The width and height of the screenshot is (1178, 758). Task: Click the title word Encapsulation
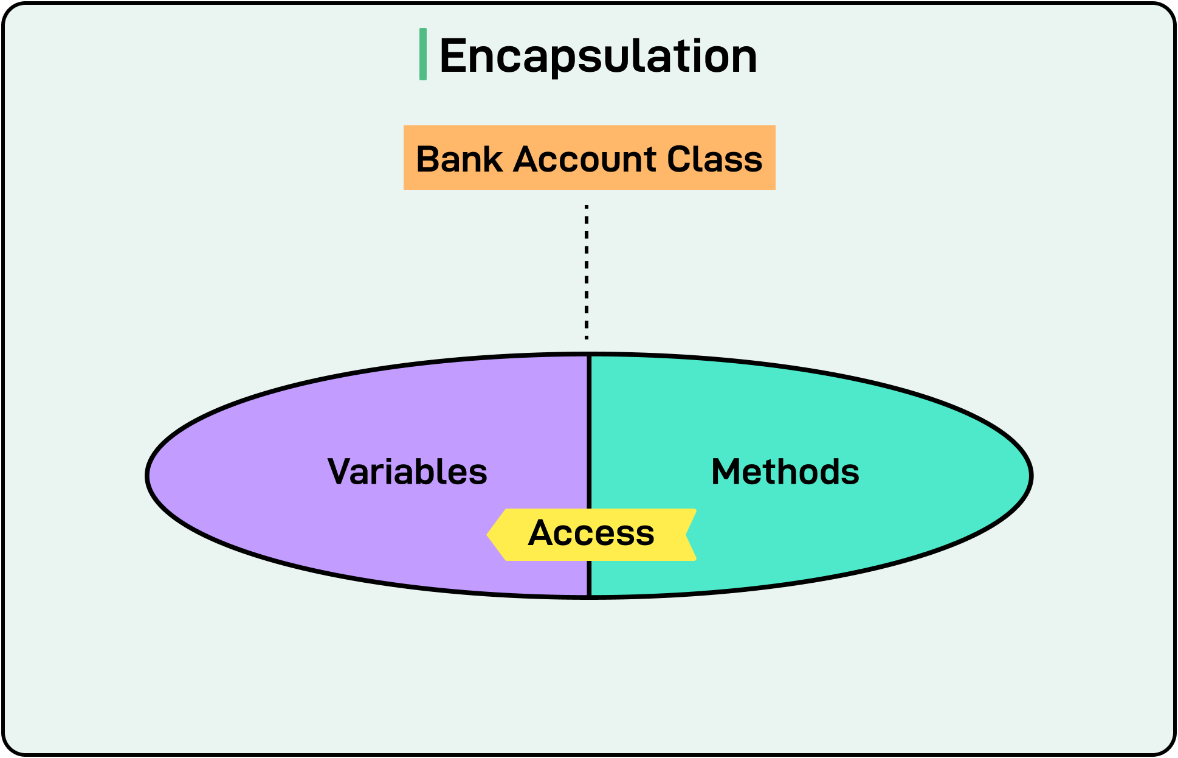pyautogui.click(x=598, y=56)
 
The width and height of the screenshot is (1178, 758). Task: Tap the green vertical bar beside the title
pyautogui.click(x=422, y=54)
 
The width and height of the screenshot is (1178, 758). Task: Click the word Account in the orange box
pyautogui.click(x=584, y=159)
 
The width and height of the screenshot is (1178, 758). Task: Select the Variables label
pyautogui.click(x=407, y=472)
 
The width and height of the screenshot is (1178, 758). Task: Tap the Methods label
pyautogui.click(x=785, y=472)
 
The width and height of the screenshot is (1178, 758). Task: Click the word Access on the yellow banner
pyautogui.click(x=591, y=534)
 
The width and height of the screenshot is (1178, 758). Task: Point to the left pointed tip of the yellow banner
pyautogui.click(x=489, y=535)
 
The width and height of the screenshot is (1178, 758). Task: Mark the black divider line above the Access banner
pyautogui.click(x=589, y=432)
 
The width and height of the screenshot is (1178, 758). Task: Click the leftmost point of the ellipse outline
pyautogui.click(x=148, y=476)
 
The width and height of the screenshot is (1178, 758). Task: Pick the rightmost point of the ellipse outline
pyautogui.click(x=1031, y=476)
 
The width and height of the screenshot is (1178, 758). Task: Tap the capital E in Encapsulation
pyautogui.click(x=454, y=56)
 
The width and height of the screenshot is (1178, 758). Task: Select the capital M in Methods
pyautogui.click(x=727, y=472)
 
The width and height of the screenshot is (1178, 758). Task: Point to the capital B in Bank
pyautogui.click(x=428, y=159)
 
